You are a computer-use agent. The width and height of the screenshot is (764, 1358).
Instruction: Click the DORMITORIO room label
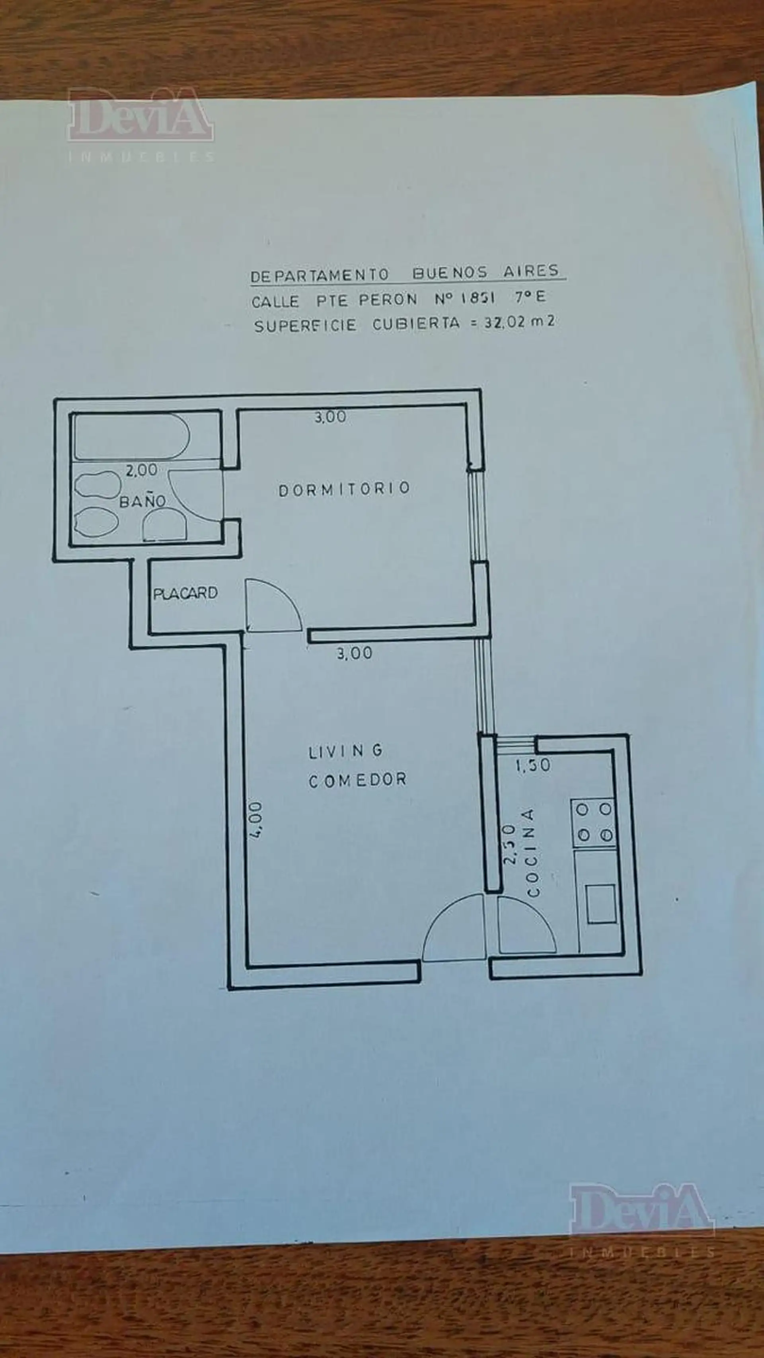pyautogui.click(x=344, y=489)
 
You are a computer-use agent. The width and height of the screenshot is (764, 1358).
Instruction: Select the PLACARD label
pyautogui.click(x=185, y=594)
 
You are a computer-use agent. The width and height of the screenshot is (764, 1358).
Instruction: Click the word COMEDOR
pyautogui.click(x=357, y=780)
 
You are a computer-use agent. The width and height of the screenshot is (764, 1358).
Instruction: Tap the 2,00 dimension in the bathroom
pyautogui.click(x=141, y=469)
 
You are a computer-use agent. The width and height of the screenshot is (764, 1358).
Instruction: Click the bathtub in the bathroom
pyautogui.click(x=131, y=437)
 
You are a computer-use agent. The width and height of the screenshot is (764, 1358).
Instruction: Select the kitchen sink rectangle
pyautogui.click(x=602, y=904)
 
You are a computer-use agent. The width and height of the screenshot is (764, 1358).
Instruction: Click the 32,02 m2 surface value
pyautogui.click(x=519, y=321)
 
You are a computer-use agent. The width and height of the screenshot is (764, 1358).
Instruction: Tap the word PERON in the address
pyautogui.click(x=388, y=300)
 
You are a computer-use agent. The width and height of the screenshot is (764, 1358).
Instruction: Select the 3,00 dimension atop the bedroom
pyautogui.click(x=331, y=417)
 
